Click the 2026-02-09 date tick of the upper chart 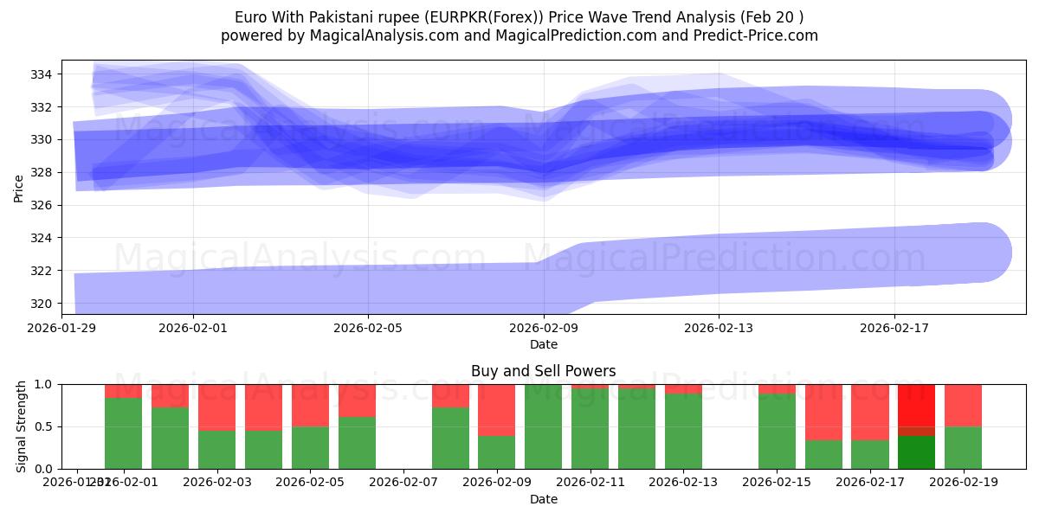544,328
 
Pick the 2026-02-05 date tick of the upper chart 368,328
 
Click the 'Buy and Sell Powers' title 543,371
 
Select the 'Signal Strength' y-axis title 22,426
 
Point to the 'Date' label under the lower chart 543,499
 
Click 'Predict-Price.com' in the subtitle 758,35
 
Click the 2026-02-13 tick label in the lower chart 683,481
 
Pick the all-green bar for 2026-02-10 543,426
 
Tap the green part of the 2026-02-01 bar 123,432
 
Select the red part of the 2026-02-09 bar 496,409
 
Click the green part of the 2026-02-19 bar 963,447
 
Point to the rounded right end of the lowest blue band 996,253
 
